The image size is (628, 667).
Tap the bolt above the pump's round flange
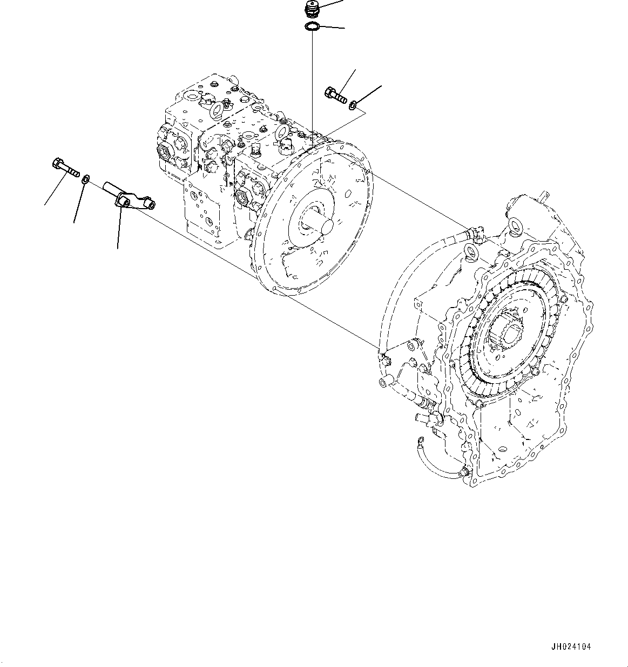click(336, 95)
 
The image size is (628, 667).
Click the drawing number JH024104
click(571, 646)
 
